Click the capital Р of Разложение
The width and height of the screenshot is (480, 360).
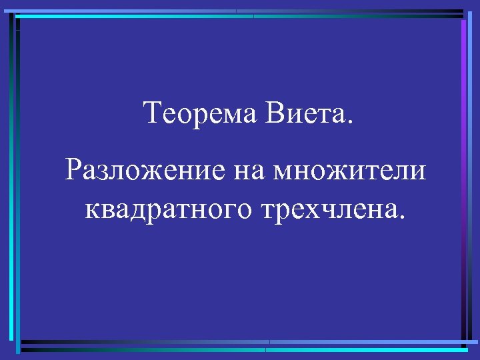(73, 171)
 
